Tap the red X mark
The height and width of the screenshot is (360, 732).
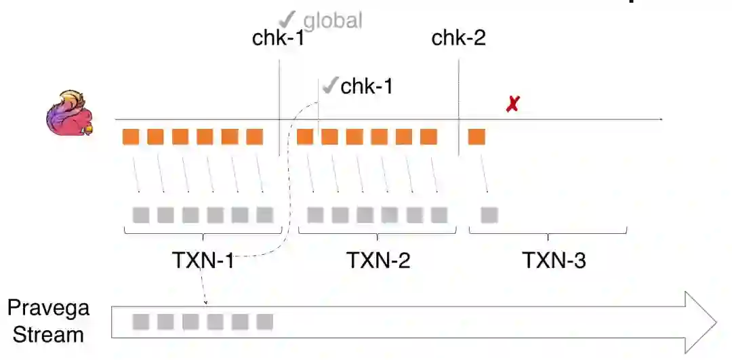(x=512, y=104)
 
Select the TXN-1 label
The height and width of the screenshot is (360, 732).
(x=202, y=260)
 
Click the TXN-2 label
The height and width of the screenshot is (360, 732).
(x=379, y=260)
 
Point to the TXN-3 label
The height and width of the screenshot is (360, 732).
(x=554, y=260)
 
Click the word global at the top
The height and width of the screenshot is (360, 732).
(x=332, y=20)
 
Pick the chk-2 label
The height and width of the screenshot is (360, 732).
(x=459, y=38)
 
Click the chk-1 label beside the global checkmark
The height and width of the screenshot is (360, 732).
(x=279, y=38)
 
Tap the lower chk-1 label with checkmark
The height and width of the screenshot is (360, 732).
(x=367, y=86)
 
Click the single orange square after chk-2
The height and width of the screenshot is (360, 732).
(x=476, y=136)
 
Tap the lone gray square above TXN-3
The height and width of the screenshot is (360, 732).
(x=489, y=215)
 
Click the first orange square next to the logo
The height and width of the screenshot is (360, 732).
(x=131, y=136)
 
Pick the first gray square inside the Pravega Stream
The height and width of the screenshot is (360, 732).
(x=141, y=321)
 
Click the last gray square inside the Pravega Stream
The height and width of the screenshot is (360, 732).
(x=264, y=321)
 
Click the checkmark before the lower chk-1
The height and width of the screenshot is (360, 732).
(x=329, y=86)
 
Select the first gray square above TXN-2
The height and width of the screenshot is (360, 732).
(x=315, y=215)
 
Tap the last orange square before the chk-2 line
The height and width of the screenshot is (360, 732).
(x=428, y=136)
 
